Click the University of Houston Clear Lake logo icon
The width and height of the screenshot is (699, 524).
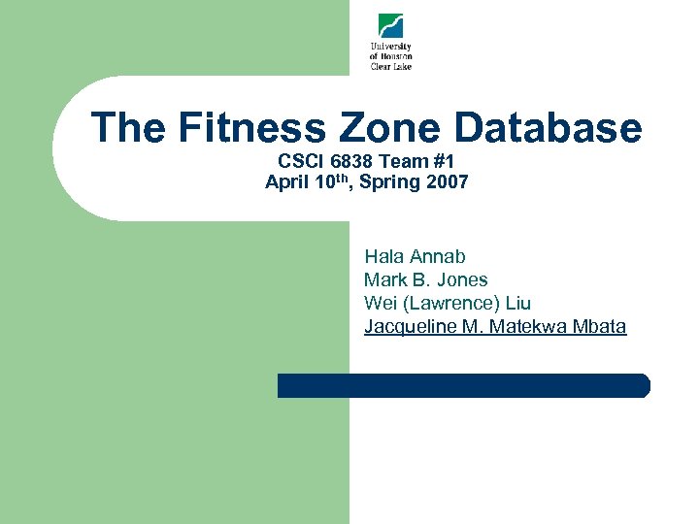point(390,26)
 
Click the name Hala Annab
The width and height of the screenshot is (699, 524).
point(415,256)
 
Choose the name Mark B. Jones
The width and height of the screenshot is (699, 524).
point(425,279)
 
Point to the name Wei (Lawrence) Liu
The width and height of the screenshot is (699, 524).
point(447,303)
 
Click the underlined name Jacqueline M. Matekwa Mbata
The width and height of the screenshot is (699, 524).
point(495,326)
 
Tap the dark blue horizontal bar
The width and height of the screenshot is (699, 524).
point(463,385)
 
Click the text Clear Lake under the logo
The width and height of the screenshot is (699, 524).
point(390,66)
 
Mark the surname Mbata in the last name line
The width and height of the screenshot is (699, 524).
point(599,326)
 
